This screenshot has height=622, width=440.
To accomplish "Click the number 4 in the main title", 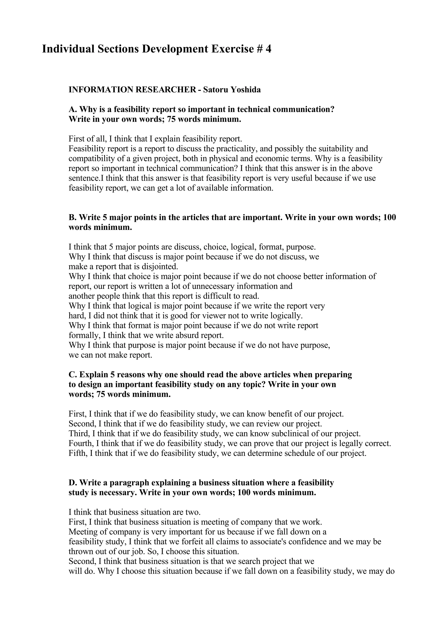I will (268, 49).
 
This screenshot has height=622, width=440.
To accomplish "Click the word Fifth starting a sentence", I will (78, 453).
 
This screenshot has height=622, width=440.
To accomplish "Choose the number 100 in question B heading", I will (390, 218).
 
